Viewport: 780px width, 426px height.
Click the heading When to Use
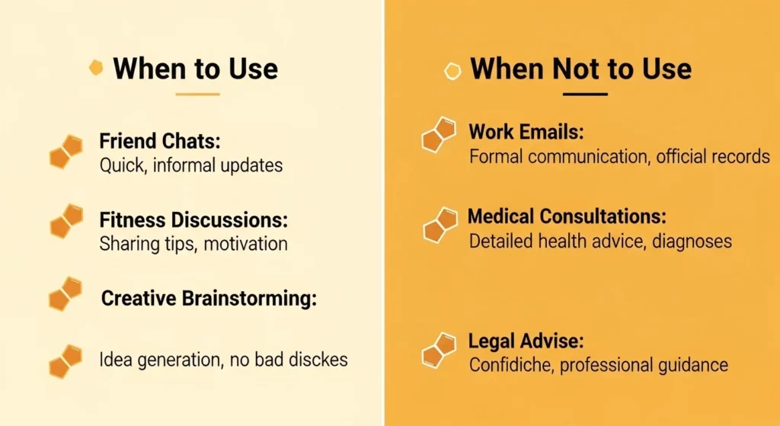pyautogui.click(x=195, y=69)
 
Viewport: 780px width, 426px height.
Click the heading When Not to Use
pyautogui.click(x=580, y=69)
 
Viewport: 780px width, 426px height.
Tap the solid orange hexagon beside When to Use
pyautogui.click(x=96, y=68)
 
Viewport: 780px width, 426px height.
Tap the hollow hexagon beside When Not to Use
pyautogui.click(x=452, y=71)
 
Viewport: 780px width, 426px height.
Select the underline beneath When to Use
pyautogui.click(x=197, y=94)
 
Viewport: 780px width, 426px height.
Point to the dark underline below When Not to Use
pyautogui.click(x=585, y=94)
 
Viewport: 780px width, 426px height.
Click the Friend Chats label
pyautogui.click(x=160, y=141)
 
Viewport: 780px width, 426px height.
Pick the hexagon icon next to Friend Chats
pyautogui.click(x=66, y=152)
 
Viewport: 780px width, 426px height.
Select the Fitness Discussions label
pyautogui.click(x=193, y=219)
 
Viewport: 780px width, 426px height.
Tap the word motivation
pyautogui.click(x=245, y=244)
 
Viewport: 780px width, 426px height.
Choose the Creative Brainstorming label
pyautogui.click(x=209, y=298)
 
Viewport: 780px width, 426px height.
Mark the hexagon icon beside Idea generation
pyautogui.click(x=66, y=360)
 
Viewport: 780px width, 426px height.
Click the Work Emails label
pyautogui.click(x=526, y=132)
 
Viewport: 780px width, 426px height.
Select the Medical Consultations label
pyautogui.click(x=567, y=216)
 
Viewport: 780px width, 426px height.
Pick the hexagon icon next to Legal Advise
pyautogui.click(x=439, y=351)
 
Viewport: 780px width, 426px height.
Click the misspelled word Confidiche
pyautogui.click(x=511, y=365)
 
